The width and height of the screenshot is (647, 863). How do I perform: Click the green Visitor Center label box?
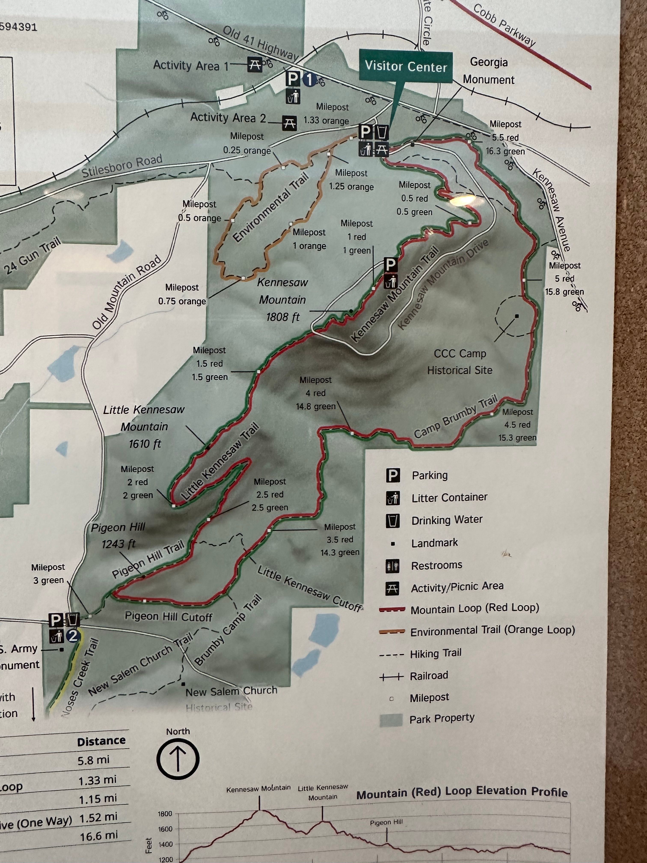pos(406,67)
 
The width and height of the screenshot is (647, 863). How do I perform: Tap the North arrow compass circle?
pos(178,759)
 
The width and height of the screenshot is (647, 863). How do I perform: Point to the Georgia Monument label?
pos(489,71)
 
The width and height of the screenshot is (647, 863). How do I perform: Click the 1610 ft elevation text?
pos(145,444)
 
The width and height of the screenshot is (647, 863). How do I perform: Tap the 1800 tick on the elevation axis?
pos(165,814)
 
